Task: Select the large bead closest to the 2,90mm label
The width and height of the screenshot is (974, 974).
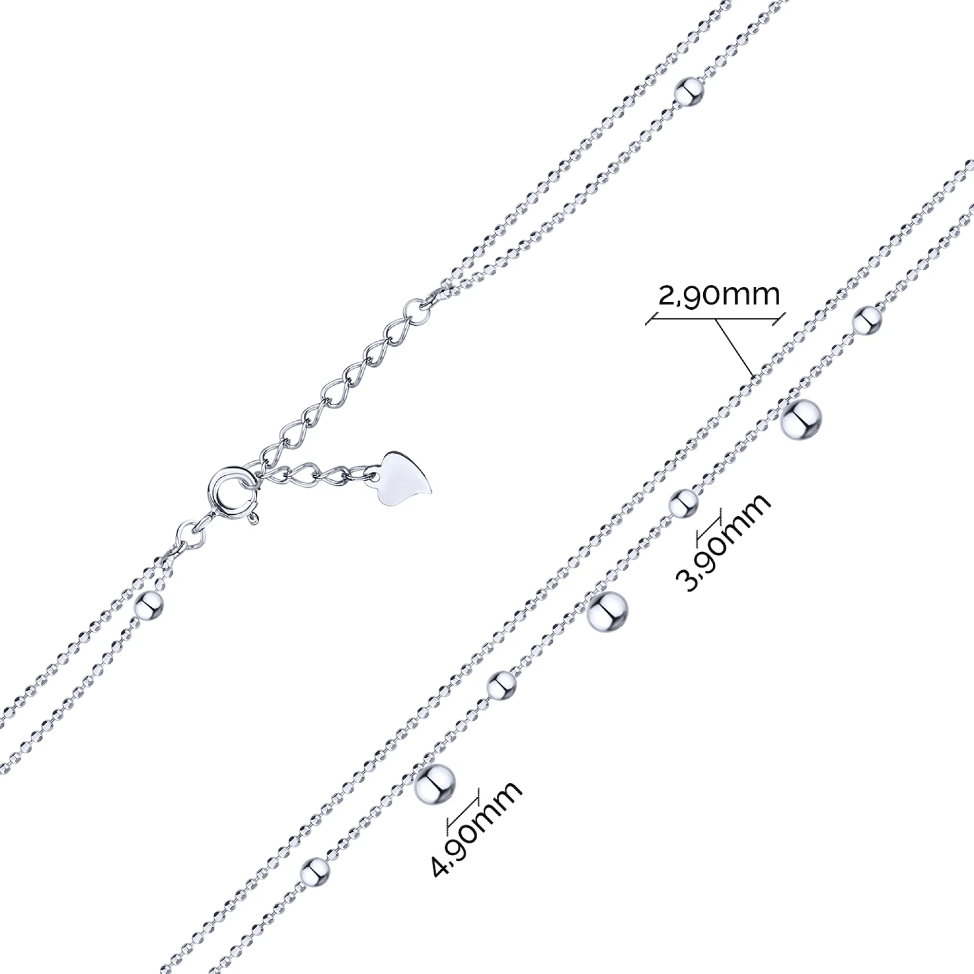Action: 801,418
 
